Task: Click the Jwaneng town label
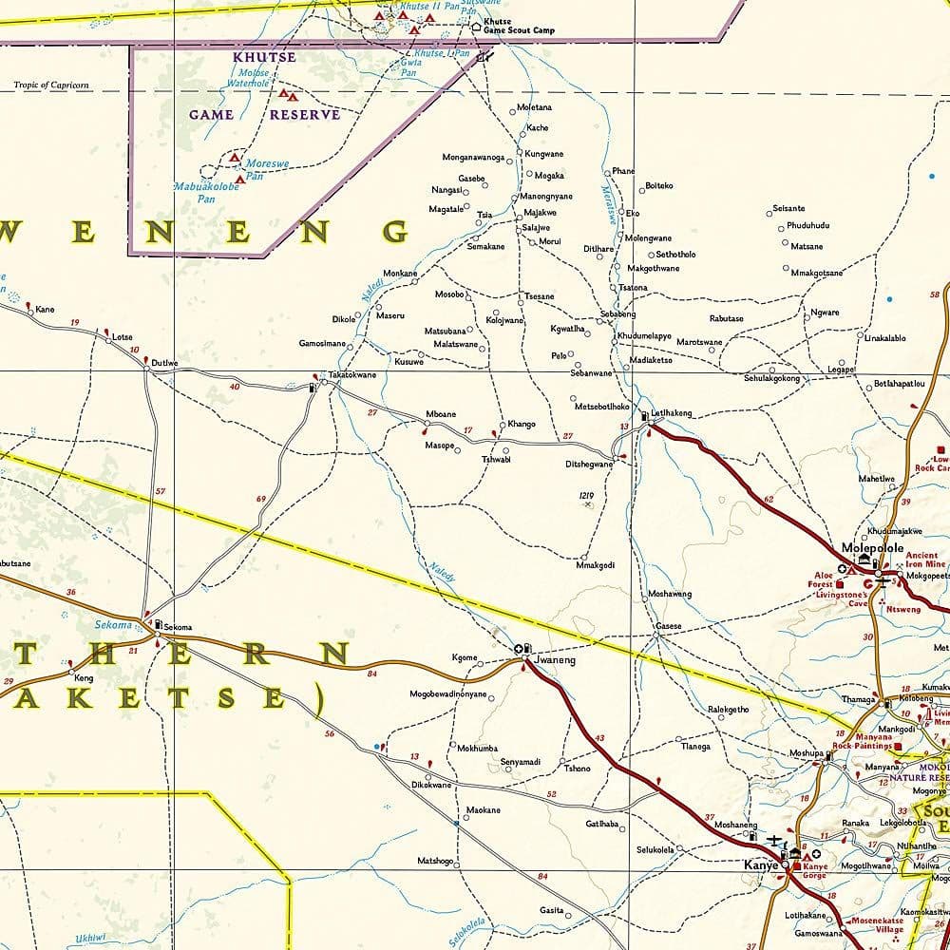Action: (556, 658)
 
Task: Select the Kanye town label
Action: (761, 865)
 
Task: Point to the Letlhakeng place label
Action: (672, 413)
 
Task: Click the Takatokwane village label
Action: (352, 375)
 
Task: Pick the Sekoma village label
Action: (178, 627)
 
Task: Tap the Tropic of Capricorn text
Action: (51, 85)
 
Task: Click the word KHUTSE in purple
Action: (264, 57)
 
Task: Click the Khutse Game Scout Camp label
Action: (519, 26)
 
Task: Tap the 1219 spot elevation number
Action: (586, 495)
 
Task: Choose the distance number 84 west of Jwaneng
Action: (371, 674)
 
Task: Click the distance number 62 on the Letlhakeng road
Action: (768, 499)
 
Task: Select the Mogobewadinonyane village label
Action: (447, 694)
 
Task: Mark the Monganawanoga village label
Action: (473, 157)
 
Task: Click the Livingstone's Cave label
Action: (844, 600)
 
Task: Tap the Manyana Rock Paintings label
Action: (861, 741)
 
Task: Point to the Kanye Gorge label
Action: (815, 870)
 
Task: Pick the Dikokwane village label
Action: (431, 785)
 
